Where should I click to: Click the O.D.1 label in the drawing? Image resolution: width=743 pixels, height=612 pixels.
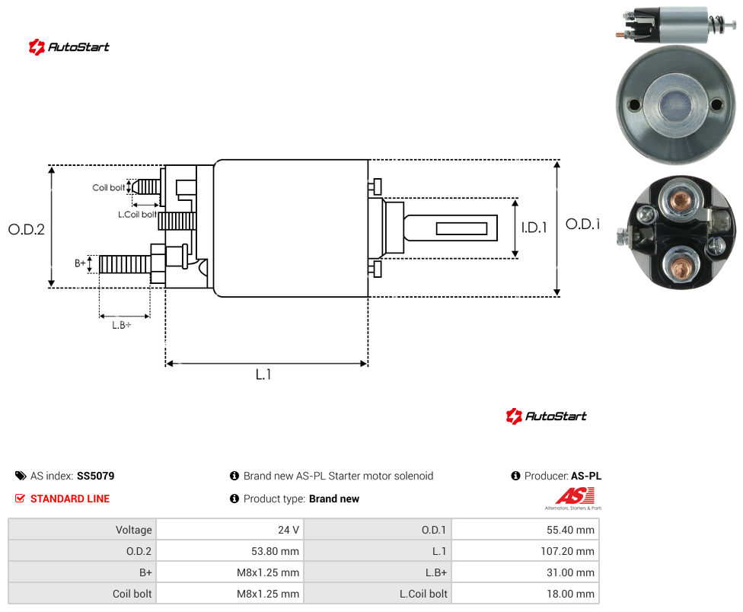582,224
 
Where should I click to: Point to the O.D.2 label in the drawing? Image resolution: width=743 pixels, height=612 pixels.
27,229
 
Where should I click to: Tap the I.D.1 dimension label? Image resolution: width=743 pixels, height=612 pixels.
534,228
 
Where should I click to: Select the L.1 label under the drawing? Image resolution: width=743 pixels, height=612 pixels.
263,375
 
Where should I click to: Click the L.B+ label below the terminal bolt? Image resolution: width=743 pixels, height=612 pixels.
121,325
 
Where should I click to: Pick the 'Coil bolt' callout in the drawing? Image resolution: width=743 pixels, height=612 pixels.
109,187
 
